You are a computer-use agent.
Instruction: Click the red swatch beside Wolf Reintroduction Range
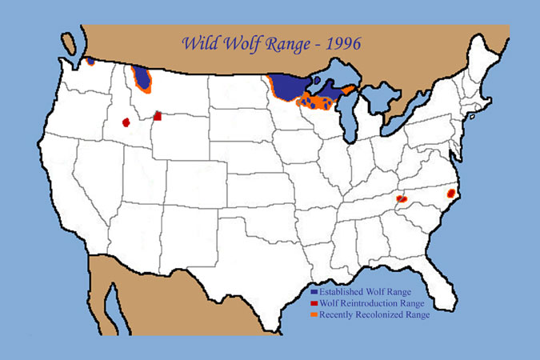(314, 304)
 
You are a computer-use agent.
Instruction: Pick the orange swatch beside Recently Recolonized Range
(314, 315)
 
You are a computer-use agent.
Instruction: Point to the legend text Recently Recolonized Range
(374, 315)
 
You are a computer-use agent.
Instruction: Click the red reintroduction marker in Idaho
(126, 122)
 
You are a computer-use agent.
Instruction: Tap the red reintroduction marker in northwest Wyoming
(158, 116)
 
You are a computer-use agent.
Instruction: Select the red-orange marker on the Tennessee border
(402, 198)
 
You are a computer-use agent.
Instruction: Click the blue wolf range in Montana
(143, 79)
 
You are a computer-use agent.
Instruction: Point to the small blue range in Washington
(91, 60)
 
